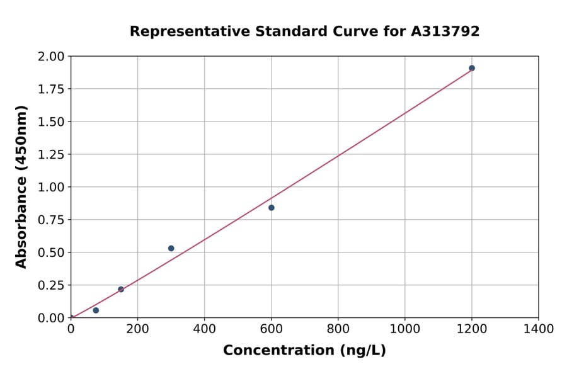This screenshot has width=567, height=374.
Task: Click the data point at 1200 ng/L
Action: pyautogui.click(x=471, y=68)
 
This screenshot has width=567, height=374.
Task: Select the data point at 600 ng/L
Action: pyautogui.click(x=271, y=208)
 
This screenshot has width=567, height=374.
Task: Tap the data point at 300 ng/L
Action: pyautogui.click(x=171, y=248)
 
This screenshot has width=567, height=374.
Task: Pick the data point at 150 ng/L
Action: pyautogui.click(x=121, y=290)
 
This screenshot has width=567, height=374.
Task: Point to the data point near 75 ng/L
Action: pyautogui.click(x=96, y=310)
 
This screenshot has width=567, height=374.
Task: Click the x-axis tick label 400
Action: pyautogui.click(x=204, y=329)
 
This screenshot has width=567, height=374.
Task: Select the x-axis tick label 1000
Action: pyautogui.click(x=404, y=329)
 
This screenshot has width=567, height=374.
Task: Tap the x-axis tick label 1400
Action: pyautogui.click(x=538, y=329)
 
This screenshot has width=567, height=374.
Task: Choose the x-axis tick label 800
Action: pyautogui.click(x=338, y=329)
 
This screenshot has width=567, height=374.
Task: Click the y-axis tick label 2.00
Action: pyautogui.click(x=51, y=57)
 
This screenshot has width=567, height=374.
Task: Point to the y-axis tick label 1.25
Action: pyautogui.click(x=51, y=154)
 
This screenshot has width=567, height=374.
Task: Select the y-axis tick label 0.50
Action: pyautogui.click(x=51, y=252)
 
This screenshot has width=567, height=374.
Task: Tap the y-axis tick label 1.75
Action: pyautogui.click(x=51, y=89)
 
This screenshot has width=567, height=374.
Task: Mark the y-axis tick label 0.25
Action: pyautogui.click(x=51, y=285)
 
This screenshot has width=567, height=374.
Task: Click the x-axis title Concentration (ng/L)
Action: pyautogui.click(x=304, y=350)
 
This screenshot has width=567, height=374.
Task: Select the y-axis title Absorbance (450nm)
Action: pyautogui.click(x=21, y=186)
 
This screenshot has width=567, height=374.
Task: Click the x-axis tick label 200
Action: pyautogui.click(x=137, y=329)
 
